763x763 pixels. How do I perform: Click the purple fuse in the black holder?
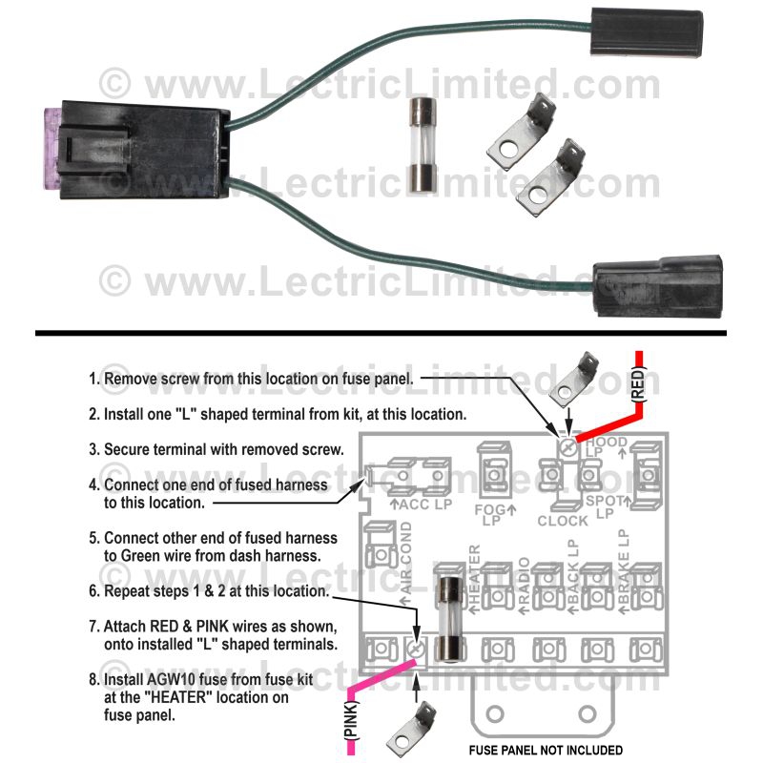point(53,154)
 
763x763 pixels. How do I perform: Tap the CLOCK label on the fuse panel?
point(563,521)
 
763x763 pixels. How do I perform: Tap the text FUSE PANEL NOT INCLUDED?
point(546,750)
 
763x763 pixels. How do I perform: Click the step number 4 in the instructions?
point(93,485)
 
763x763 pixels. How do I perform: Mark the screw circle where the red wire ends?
point(569,445)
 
